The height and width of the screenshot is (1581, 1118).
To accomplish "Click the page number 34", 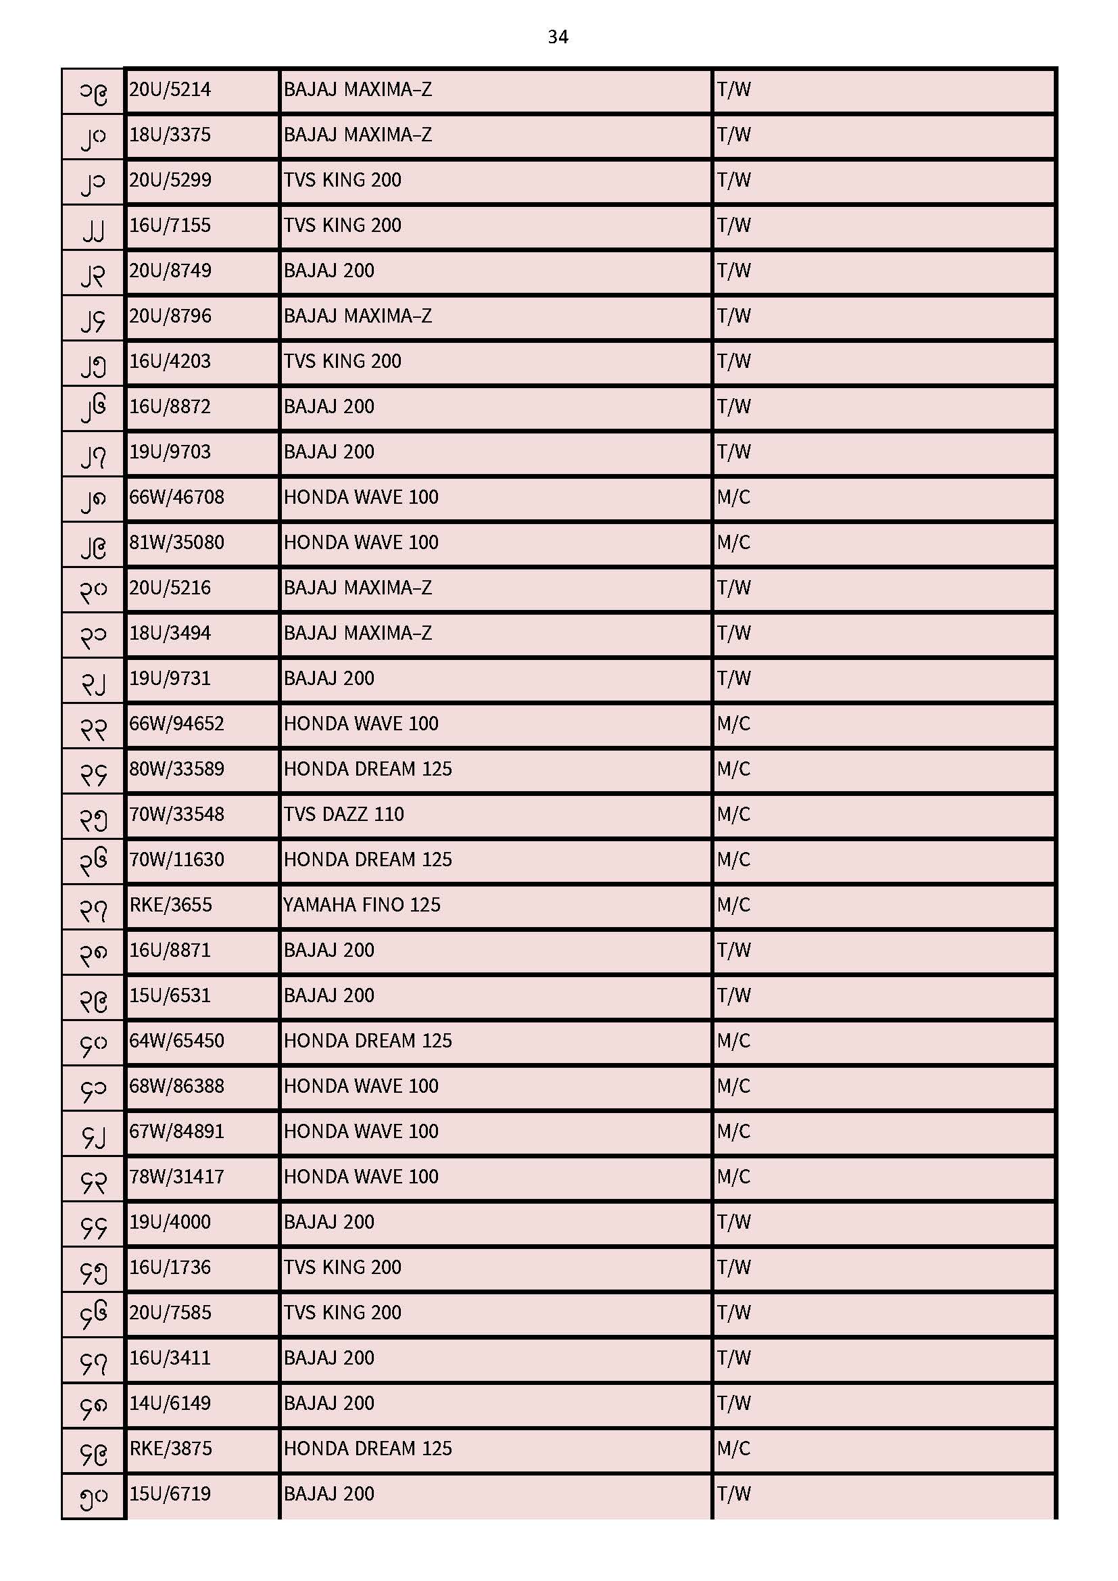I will pyautogui.click(x=558, y=37).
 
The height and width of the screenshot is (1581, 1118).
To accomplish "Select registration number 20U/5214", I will pyautogui.click(x=170, y=89).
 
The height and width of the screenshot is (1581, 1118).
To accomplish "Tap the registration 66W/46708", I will pyautogui.click(x=177, y=497).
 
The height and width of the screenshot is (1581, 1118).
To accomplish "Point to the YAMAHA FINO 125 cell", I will pyautogui.click(x=362, y=905).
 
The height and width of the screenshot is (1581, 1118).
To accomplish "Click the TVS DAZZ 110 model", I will pyautogui.click(x=343, y=814).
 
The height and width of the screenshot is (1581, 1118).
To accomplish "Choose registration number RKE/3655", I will pyautogui.click(x=171, y=905).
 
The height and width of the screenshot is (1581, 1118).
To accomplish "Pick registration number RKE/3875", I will pyautogui.click(x=171, y=1448).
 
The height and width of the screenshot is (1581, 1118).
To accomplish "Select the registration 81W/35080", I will pyautogui.click(x=177, y=542).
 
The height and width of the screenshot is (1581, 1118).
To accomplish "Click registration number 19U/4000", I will pyautogui.click(x=170, y=1221).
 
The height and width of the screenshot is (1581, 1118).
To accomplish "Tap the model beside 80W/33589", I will pyautogui.click(x=368, y=768).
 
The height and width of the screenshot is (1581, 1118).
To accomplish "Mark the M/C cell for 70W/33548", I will pyautogui.click(x=733, y=814).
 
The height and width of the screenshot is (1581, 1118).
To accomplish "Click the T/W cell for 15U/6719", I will pyautogui.click(x=733, y=1494).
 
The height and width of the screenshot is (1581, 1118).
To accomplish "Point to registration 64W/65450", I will pyautogui.click(x=177, y=1041).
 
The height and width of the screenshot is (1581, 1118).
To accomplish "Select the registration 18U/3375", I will pyautogui.click(x=170, y=135).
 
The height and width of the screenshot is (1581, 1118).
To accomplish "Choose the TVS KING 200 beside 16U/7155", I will pyautogui.click(x=342, y=225).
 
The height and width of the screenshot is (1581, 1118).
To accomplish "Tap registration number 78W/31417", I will pyautogui.click(x=177, y=1176).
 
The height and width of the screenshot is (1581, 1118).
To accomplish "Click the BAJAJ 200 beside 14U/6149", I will pyautogui.click(x=329, y=1402).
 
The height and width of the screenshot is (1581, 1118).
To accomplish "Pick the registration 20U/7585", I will pyautogui.click(x=170, y=1313).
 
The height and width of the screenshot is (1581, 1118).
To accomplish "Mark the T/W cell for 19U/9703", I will pyautogui.click(x=733, y=452).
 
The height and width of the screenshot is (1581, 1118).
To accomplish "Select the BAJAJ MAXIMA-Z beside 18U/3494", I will pyautogui.click(x=358, y=633).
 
